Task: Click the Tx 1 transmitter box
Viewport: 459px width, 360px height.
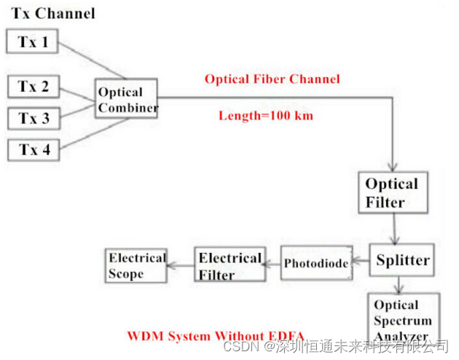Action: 33,42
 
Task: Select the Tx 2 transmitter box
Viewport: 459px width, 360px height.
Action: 34,87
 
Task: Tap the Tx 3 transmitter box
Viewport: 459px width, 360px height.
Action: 34,118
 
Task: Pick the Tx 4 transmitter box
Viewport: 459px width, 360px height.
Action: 34,150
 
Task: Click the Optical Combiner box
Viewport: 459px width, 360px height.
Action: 127,101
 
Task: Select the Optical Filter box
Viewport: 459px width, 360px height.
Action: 391,192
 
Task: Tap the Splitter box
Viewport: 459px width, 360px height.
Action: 402,260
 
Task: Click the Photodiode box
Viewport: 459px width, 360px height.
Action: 315,263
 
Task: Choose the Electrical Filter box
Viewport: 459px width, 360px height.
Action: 229,265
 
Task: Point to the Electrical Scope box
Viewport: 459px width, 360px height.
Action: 136,266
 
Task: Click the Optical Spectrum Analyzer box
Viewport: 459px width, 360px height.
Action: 403,319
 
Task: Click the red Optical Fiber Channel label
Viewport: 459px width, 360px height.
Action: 272,79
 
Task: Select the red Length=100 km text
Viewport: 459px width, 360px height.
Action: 266,115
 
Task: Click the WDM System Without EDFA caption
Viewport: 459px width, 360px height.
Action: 216,336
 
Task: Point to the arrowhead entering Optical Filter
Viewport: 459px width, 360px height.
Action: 393,165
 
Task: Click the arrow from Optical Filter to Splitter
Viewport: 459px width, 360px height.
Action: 394,230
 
